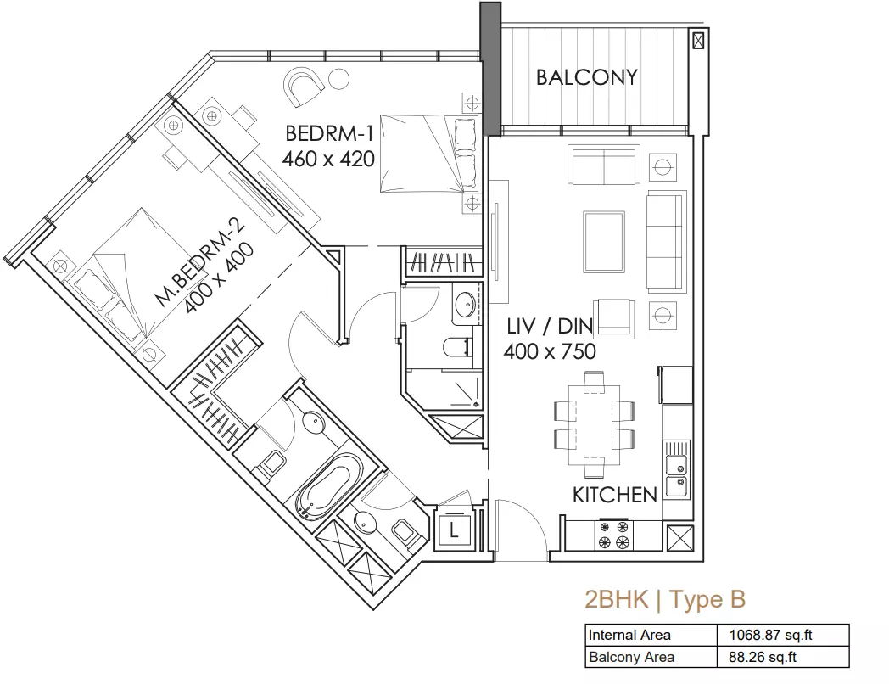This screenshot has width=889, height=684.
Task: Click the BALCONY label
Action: [587, 77]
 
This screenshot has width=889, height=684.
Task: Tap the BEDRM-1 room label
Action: [329, 133]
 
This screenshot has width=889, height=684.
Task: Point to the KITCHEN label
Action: [615, 495]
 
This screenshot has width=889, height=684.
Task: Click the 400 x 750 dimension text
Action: [550, 351]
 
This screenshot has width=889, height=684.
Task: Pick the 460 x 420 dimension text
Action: [328, 159]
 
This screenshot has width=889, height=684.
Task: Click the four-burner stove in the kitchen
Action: [613, 535]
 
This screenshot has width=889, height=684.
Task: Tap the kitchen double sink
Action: [677, 469]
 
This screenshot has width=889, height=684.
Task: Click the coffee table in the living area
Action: [604, 242]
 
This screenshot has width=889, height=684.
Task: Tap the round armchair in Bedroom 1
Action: [305, 87]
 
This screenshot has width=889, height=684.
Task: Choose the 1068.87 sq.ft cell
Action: [770, 636]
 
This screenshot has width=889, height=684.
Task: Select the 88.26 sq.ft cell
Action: [763, 658]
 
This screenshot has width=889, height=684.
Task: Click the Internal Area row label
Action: [629, 636]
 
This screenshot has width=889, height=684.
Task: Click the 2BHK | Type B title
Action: [665, 599]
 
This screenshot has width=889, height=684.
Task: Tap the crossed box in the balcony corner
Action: [698, 40]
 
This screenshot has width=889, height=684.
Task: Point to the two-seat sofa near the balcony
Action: [604, 165]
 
